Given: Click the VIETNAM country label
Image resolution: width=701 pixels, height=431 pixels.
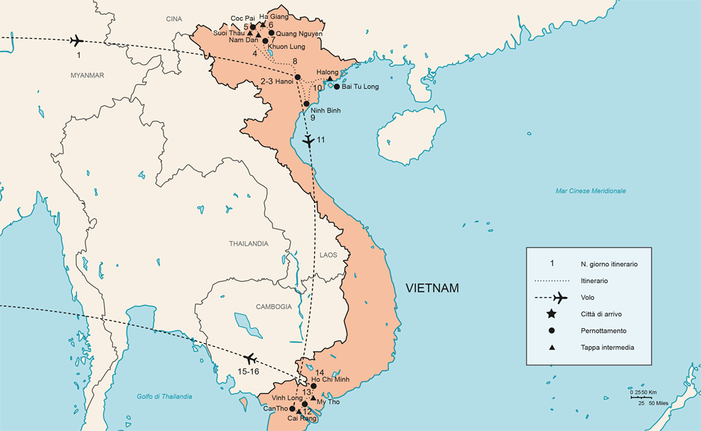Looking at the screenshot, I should (x=432, y=288).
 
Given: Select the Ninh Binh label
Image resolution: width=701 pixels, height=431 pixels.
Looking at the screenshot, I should (x=325, y=110).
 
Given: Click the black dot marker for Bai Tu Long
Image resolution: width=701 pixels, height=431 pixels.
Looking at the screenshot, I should (x=337, y=87).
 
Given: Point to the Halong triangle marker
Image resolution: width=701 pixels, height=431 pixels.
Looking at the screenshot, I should (x=330, y=78).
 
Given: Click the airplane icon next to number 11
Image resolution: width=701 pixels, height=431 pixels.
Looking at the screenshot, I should (x=308, y=141).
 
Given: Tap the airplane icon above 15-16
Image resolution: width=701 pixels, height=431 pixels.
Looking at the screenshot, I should (x=249, y=358).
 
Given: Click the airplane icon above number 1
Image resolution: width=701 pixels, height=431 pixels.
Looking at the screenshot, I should (x=76, y=41).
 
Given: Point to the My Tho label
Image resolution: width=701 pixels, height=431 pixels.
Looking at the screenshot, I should (x=328, y=402).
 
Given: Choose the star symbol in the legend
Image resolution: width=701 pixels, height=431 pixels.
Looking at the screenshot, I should (x=551, y=314).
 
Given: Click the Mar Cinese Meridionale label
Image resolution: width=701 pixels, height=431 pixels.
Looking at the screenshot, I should (x=590, y=191).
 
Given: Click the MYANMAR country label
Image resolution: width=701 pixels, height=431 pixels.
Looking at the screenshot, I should (x=87, y=75).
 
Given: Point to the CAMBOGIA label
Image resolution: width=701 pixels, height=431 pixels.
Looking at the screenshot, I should (x=273, y=306).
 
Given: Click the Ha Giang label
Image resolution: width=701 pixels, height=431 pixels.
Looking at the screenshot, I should (x=273, y=17).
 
